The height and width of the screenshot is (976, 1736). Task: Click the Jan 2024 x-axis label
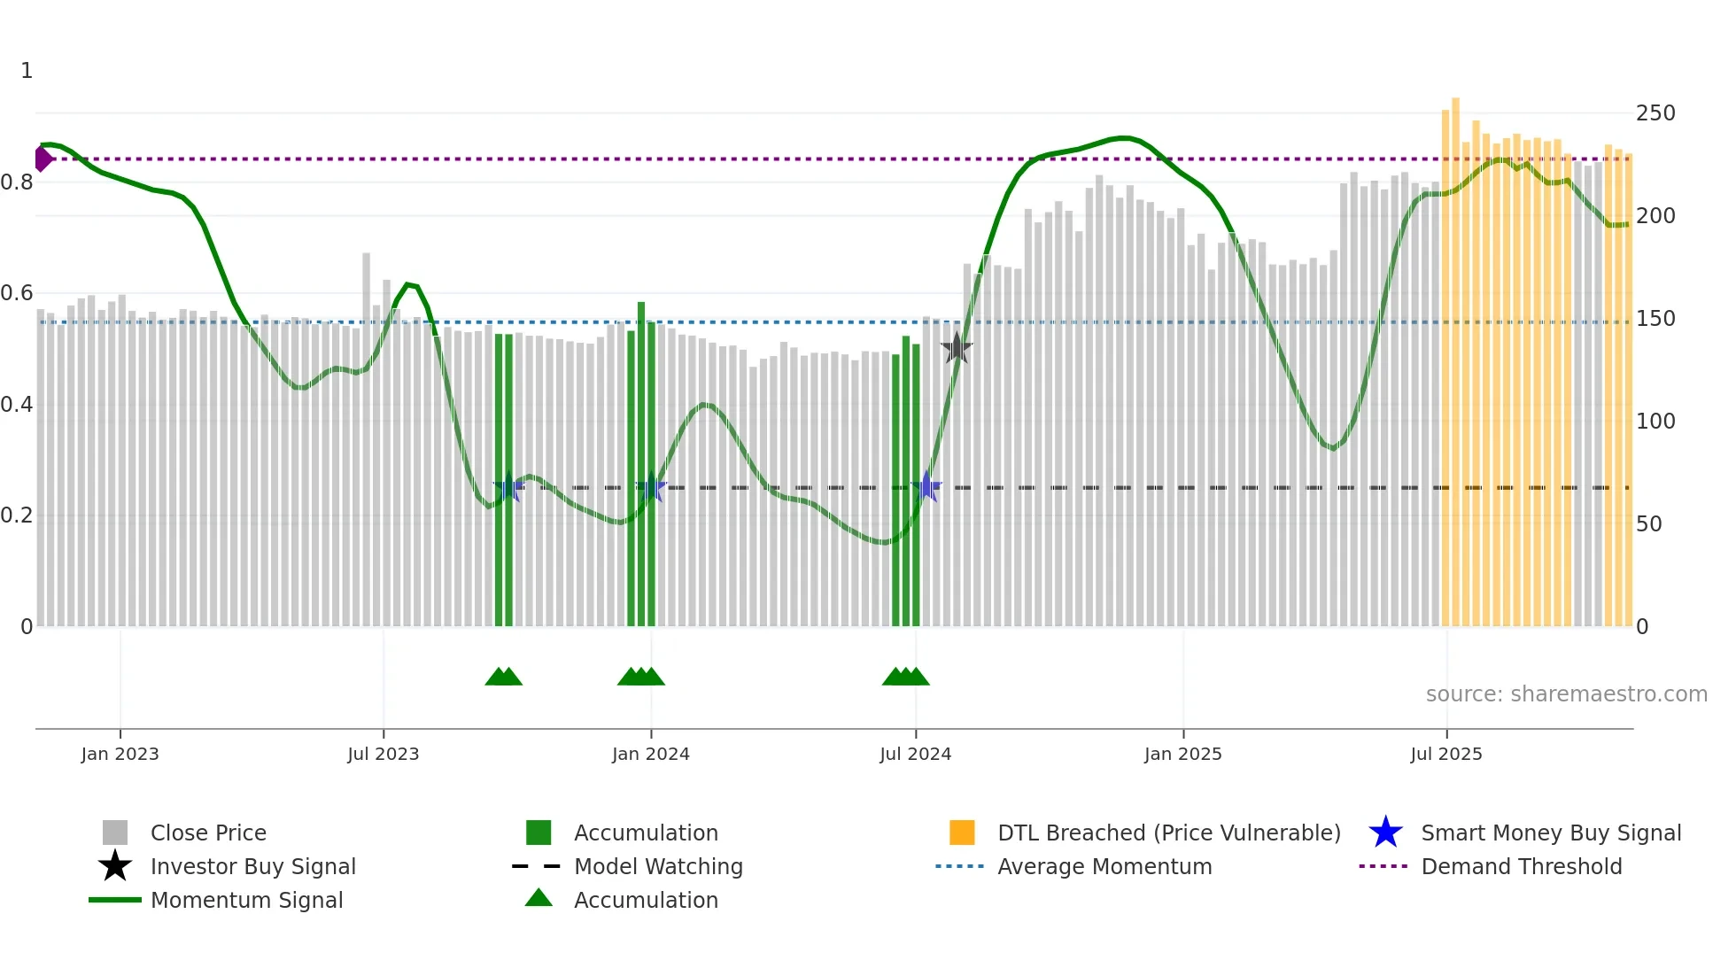[650, 754]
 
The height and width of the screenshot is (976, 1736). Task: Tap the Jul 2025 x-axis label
[1445, 754]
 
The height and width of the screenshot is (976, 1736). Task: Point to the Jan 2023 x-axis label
[120, 754]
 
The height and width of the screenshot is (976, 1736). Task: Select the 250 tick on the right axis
[1655, 113]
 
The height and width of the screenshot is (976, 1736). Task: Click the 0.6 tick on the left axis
[17, 293]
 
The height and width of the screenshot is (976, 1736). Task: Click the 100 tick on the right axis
[1655, 422]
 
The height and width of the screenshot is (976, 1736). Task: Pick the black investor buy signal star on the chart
[956, 348]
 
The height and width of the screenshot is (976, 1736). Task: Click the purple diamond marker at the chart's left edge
[43, 159]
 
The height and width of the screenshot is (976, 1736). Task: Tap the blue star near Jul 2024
[926, 486]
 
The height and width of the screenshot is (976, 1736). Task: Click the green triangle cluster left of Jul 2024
[905, 677]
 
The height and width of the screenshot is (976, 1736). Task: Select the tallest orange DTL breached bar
[1455, 354]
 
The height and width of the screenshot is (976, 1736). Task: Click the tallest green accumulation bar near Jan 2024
[640, 461]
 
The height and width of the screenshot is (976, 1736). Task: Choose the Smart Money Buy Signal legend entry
[1550, 833]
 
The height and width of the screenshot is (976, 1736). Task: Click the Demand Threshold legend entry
[1521, 866]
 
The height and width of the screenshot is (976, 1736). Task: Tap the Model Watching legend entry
[657, 866]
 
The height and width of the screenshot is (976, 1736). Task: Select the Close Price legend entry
[207, 833]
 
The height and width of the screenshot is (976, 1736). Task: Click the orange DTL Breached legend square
[961, 833]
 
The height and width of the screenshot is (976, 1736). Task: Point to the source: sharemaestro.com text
[1566, 694]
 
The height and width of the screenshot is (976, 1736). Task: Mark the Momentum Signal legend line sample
[115, 900]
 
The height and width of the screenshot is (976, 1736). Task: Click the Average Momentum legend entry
[1104, 866]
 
